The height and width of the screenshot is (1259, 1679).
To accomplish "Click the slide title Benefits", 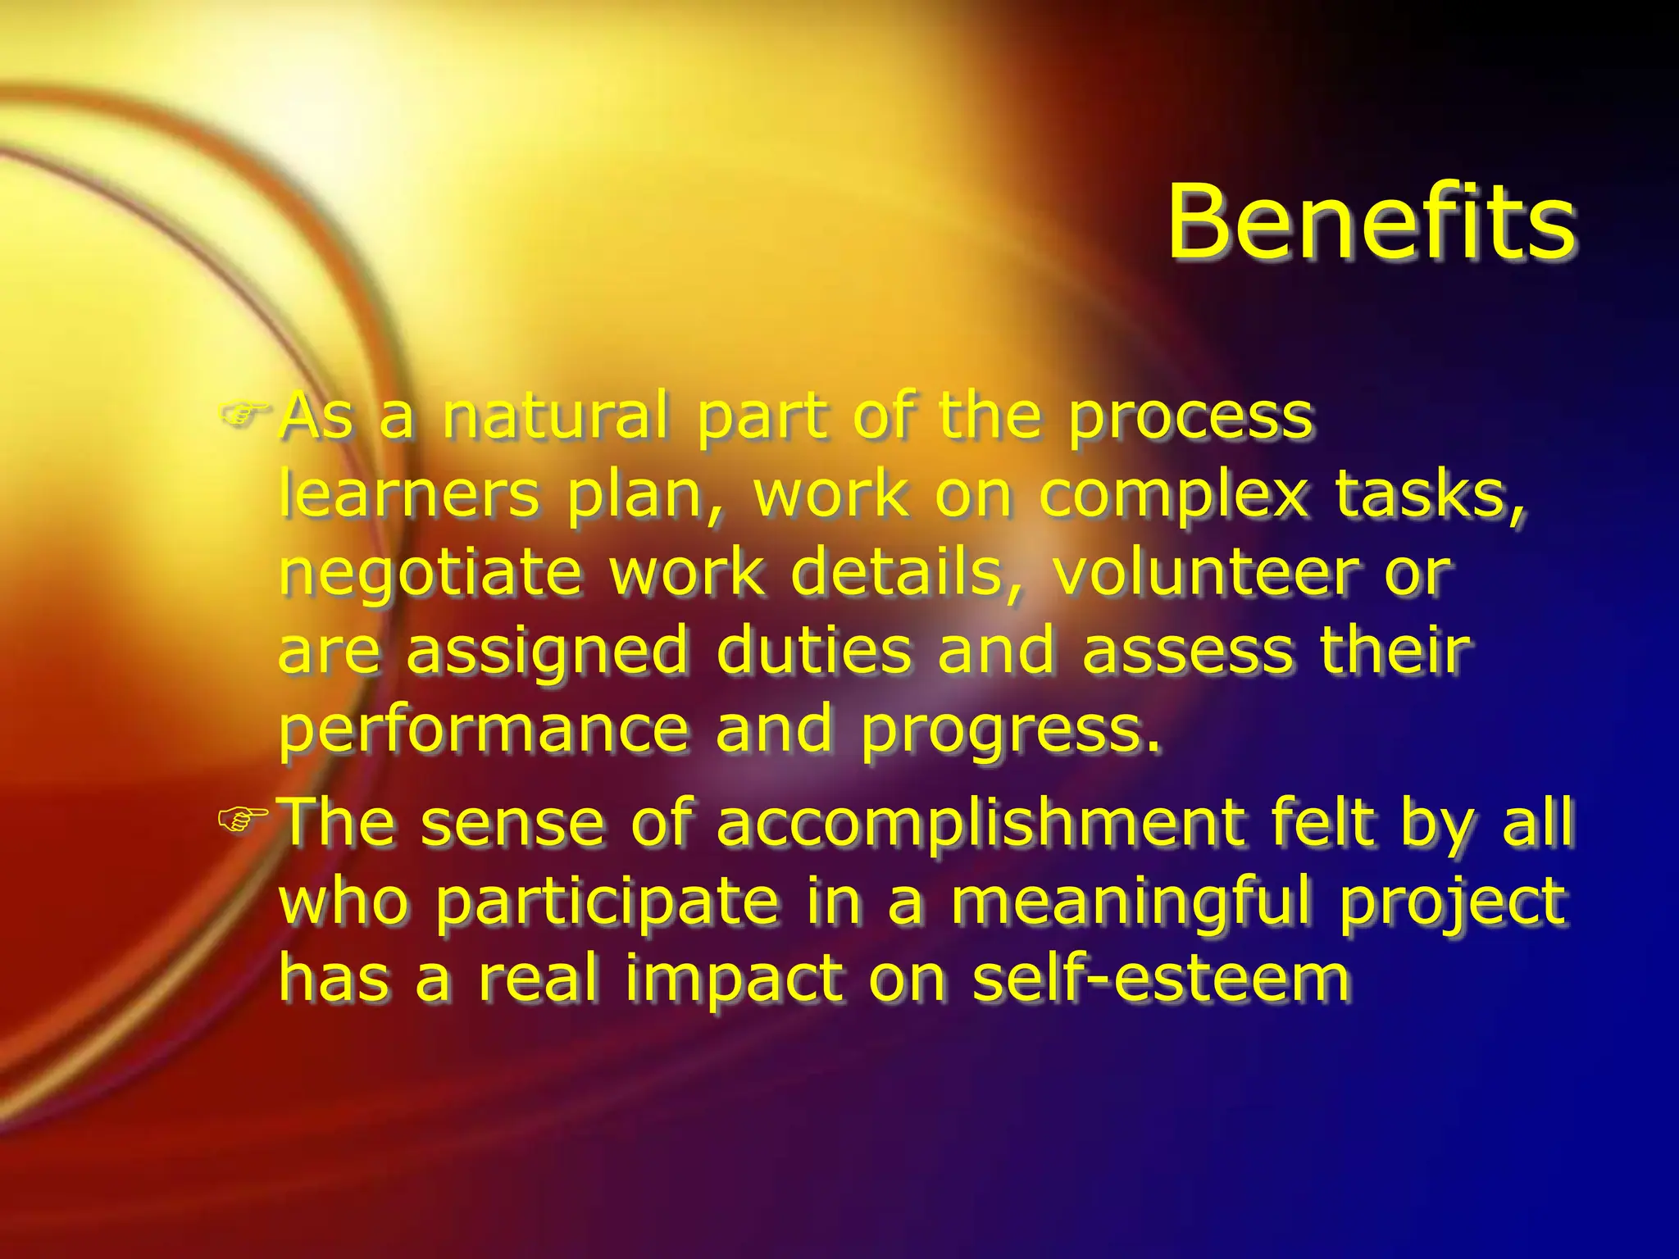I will tap(1371, 222).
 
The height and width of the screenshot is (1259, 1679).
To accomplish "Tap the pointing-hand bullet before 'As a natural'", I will tap(243, 413).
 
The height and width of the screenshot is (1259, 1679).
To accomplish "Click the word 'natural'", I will tap(555, 416).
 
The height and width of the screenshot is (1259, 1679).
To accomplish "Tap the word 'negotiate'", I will tap(430, 575).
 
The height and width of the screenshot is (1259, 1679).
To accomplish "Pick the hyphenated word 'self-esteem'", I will tap(1160, 978).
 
